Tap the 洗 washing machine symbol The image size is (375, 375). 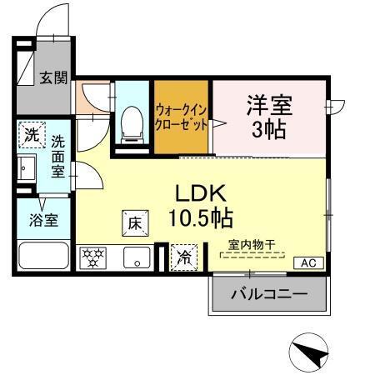pyautogui.click(x=31, y=133)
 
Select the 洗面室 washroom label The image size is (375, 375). pyautogui.click(x=57, y=157)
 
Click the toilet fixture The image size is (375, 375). pyautogui.click(x=132, y=122)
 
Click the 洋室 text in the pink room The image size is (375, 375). pyautogui.click(x=268, y=106)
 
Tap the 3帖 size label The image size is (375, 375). pyautogui.click(x=268, y=131)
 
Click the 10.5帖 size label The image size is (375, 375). pyautogui.click(x=203, y=218)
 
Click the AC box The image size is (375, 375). pyautogui.click(x=307, y=263)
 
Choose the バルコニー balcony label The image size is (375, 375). pyautogui.click(x=268, y=294)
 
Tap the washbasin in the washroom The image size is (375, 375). pyautogui.click(x=25, y=168)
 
